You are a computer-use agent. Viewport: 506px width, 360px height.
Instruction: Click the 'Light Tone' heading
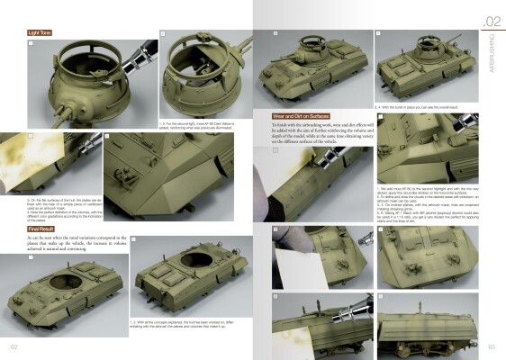click(39, 32)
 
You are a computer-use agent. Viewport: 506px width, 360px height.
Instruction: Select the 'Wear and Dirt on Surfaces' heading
click(303, 116)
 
